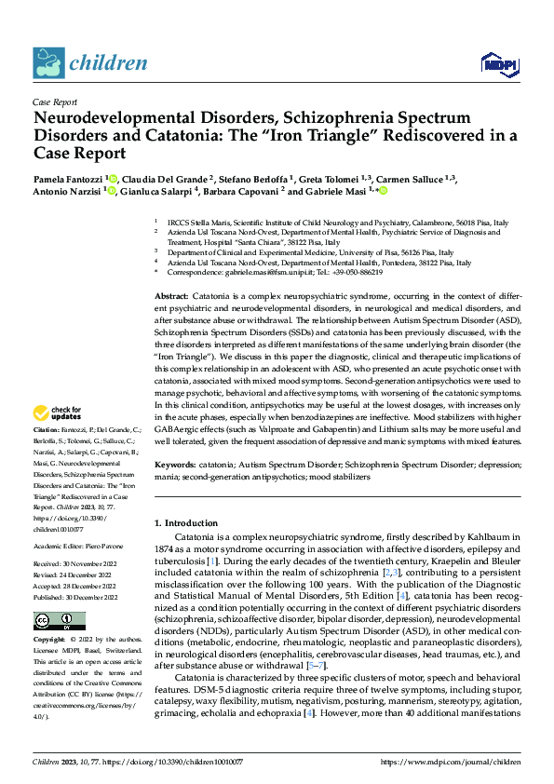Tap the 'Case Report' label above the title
pos(54,101)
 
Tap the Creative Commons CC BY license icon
pos(59,621)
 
